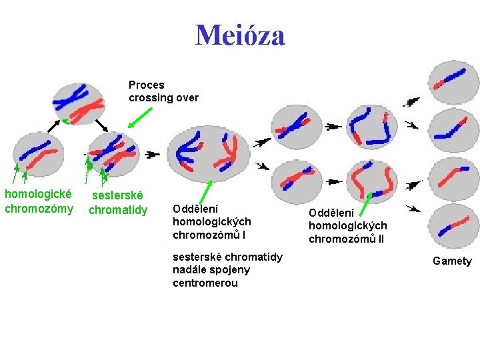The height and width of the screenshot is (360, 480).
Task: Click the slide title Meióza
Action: click(x=240, y=35)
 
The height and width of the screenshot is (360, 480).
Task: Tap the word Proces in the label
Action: click(x=146, y=85)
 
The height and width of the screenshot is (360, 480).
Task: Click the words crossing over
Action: click(x=163, y=97)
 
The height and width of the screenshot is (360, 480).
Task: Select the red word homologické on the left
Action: click(x=39, y=194)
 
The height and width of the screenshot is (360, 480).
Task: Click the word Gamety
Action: click(x=451, y=261)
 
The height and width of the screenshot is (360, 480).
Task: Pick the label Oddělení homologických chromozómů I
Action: click(x=211, y=221)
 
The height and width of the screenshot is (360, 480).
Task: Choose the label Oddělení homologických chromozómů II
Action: click(x=347, y=225)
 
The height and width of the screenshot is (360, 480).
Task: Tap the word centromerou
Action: click(x=205, y=283)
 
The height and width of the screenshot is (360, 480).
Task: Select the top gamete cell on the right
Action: click(x=451, y=81)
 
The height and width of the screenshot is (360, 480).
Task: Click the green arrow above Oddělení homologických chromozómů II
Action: click(x=367, y=203)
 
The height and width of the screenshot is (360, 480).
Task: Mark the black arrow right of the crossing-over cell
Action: click(x=153, y=154)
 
